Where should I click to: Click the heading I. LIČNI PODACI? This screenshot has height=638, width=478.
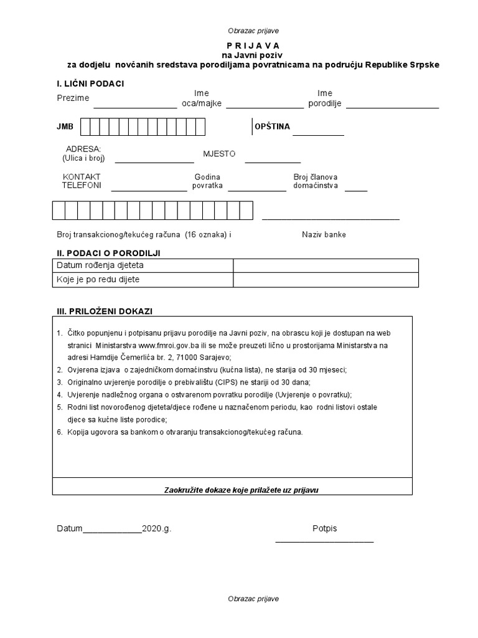pyautogui.click(x=90, y=84)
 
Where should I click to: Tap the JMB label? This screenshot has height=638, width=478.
pyautogui.click(x=65, y=126)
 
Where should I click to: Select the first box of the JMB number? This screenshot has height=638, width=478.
pyautogui.click(x=87, y=126)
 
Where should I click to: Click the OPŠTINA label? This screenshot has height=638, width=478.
pyautogui.click(x=272, y=126)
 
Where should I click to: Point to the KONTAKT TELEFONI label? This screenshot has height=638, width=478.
pyautogui.click(x=82, y=181)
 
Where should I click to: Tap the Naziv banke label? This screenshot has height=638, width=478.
pyautogui.click(x=324, y=235)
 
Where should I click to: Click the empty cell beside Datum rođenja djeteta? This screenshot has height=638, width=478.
pyautogui.click(x=326, y=266)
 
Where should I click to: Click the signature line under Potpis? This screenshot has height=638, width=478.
pyautogui.click(x=324, y=540)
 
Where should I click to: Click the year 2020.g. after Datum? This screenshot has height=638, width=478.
pyautogui.click(x=156, y=528)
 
